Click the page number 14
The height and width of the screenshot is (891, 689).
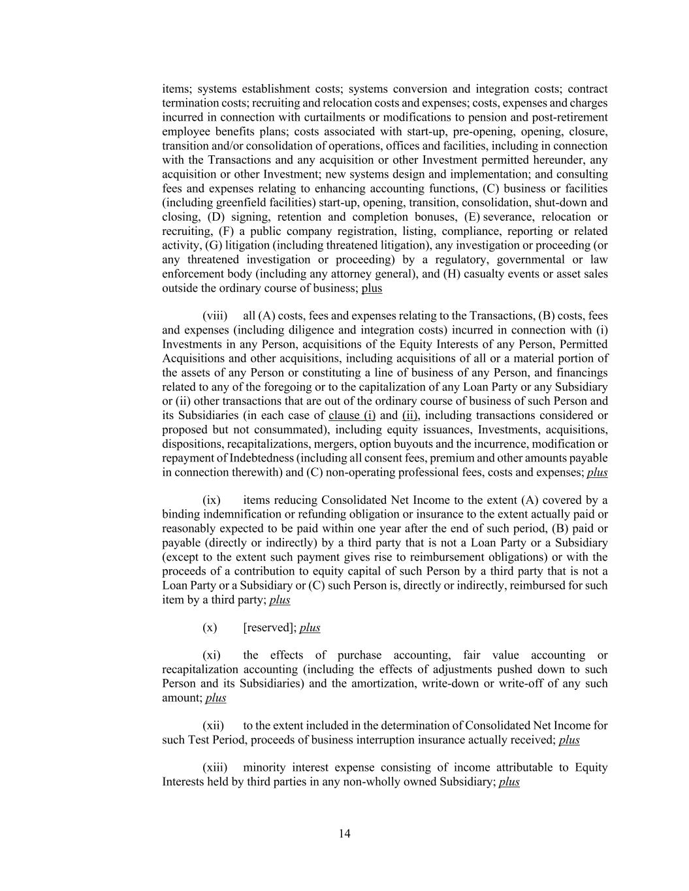[x=344, y=834]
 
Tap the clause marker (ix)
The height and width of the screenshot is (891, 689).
[x=212, y=500]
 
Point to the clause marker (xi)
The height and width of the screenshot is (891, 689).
[x=212, y=655]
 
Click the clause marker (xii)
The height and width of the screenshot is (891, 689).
[x=213, y=726]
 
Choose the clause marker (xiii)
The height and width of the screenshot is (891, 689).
[x=215, y=768]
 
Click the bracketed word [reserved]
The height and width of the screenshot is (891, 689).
[x=269, y=628]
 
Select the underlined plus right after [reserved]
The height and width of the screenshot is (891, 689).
[x=310, y=628]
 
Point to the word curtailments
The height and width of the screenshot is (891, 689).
[x=399, y=117]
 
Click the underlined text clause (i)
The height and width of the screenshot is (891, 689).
[x=352, y=416]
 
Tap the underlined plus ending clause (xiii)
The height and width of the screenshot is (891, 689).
[x=509, y=782]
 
